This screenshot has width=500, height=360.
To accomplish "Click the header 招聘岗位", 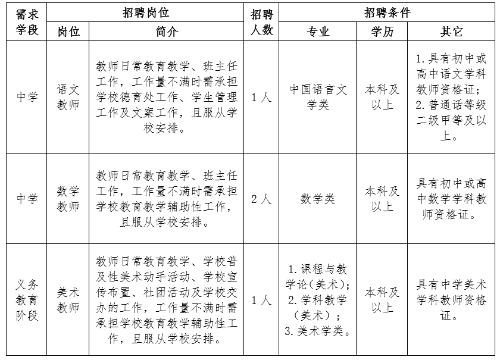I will pos(145,12).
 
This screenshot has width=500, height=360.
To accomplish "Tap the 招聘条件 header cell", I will pos(387,12).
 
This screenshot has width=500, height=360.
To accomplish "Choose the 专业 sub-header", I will pos(318,32).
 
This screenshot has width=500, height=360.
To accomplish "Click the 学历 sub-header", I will pos(382,32).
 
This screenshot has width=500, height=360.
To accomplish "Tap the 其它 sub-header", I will pos(451,32).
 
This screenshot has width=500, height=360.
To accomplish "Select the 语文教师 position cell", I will pos(68,97).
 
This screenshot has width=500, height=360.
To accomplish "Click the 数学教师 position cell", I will pos(68,199).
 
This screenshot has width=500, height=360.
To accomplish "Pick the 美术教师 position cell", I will pos(68,300).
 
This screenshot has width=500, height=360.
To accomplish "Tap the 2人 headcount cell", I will pos(261,199).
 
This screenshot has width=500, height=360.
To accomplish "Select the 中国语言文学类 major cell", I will pos(318,97).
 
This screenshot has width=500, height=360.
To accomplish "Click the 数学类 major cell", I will pos(318,199).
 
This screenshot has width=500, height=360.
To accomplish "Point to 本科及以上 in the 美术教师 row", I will pos(382,300).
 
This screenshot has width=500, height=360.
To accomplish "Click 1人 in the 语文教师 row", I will pos(261,97).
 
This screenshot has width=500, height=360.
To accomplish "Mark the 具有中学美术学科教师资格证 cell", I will pos(451,300).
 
